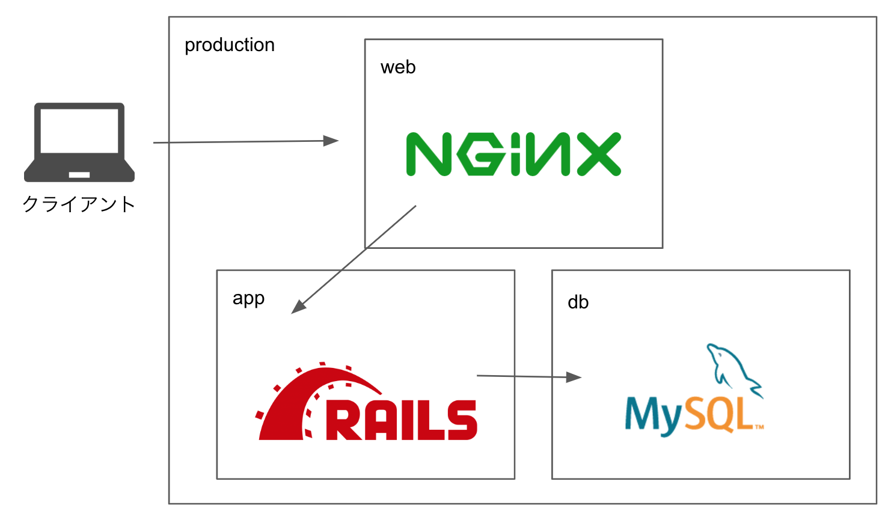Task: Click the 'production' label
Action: (x=229, y=45)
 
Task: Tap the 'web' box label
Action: (x=398, y=67)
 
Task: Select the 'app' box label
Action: (x=248, y=299)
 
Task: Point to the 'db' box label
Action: (x=578, y=302)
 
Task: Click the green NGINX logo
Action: (x=513, y=154)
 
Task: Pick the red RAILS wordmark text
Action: (x=401, y=420)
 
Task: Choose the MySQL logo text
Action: (x=691, y=415)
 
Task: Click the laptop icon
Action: (x=79, y=142)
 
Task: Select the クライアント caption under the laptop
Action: (x=79, y=204)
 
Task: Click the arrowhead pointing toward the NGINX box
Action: (x=331, y=141)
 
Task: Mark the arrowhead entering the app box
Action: (x=298, y=307)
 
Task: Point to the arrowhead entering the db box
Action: (x=574, y=378)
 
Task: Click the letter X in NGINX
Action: (x=599, y=154)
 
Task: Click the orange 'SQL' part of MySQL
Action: (x=718, y=415)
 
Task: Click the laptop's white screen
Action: (x=79, y=130)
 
